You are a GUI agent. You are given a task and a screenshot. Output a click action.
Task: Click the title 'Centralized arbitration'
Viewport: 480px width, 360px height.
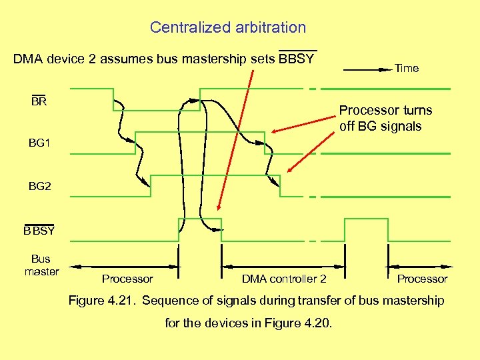click(228, 27)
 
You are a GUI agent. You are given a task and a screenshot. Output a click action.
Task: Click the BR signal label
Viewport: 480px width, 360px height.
click(39, 102)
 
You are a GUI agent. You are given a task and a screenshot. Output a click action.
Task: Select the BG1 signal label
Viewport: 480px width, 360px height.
click(39, 143)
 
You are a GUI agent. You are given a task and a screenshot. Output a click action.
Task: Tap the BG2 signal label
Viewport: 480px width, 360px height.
click(39, 187)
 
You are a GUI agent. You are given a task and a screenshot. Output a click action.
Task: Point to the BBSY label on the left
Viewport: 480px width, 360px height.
click(39, 231)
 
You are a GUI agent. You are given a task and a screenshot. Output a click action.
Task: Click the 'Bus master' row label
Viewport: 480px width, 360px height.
click(41, 265)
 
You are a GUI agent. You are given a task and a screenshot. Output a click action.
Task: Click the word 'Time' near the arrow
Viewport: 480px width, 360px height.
click(407, 68)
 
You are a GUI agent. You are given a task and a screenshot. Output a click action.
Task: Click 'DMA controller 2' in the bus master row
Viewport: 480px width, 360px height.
click(284, 279)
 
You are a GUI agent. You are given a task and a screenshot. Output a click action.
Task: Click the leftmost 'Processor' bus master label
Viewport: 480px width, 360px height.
click(127, 279)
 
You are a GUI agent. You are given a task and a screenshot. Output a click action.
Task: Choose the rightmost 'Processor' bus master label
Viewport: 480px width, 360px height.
click(422, 279)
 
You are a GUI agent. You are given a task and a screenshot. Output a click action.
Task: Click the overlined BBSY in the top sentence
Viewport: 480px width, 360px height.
click(297, 59)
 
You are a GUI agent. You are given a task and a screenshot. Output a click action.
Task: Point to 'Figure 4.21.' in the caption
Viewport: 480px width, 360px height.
click(103, 301)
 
